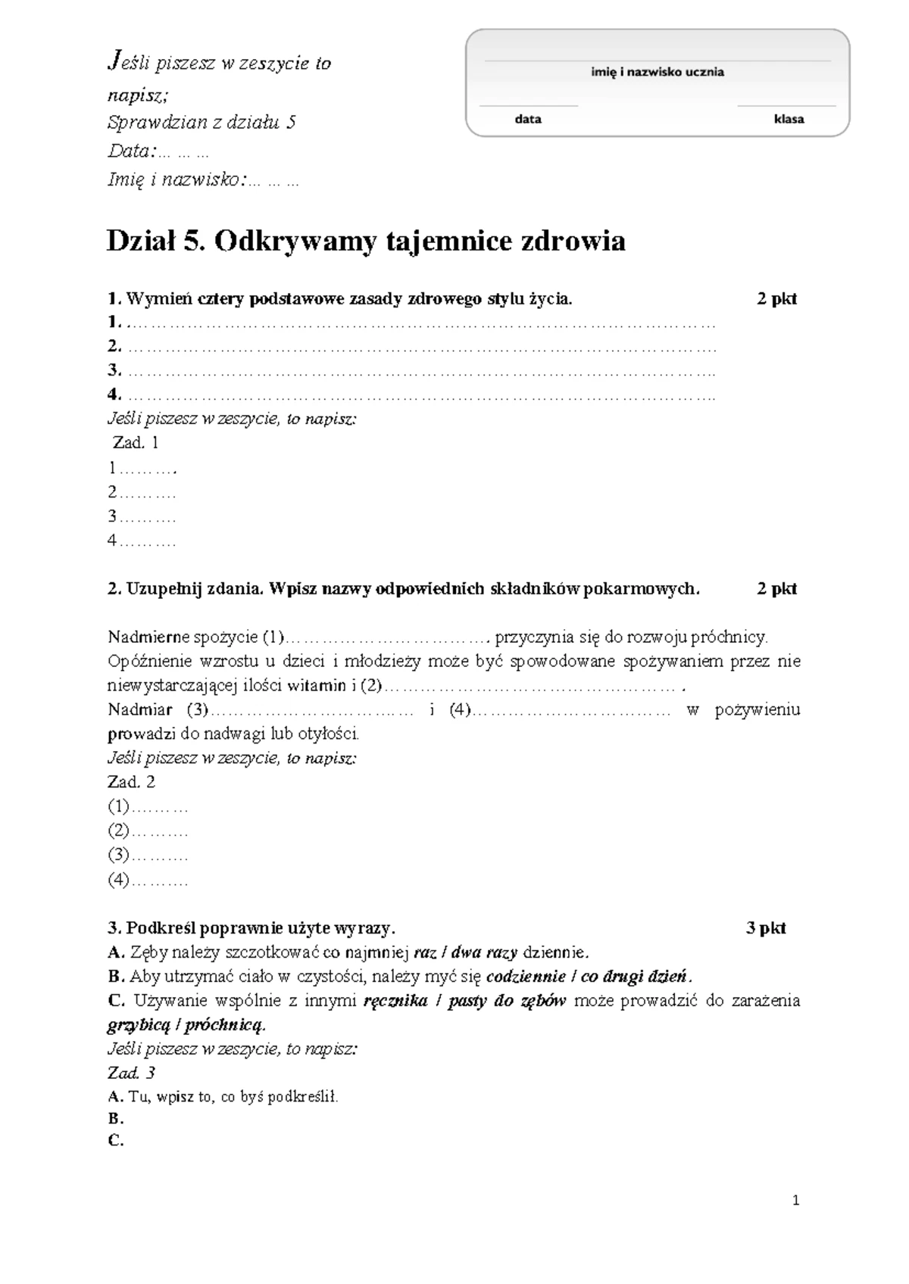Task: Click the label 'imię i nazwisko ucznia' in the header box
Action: (x=658, y=73)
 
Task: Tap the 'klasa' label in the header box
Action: (x=789, y=119)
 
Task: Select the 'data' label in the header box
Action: (x=528, y=119)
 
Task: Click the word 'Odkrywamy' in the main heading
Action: (x=295, y=242)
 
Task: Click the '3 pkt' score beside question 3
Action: (x=766, y=928)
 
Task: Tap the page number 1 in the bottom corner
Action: (x=795, y=1200)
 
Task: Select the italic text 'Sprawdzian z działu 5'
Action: (x=201, y=122)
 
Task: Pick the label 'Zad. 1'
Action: (x=135, y=443)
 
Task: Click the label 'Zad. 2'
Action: (x=132, y=782)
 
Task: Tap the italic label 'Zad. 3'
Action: (x=132, y=1073)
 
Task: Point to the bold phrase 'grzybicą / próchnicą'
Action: (x=186, y=1026)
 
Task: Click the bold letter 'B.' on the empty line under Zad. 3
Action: (x=116, y=1119)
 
